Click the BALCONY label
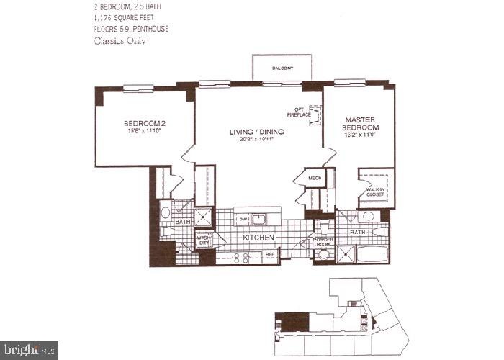coord(282,68)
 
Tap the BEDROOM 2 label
coord(146,126)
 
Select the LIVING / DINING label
coord(257,132)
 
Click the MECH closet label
coord(315,177)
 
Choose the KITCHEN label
coord(257,237)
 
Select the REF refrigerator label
coord(271,254)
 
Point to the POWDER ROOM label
coord(322,241)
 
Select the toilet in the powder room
coord(324,254)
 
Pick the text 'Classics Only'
coord(120,41)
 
